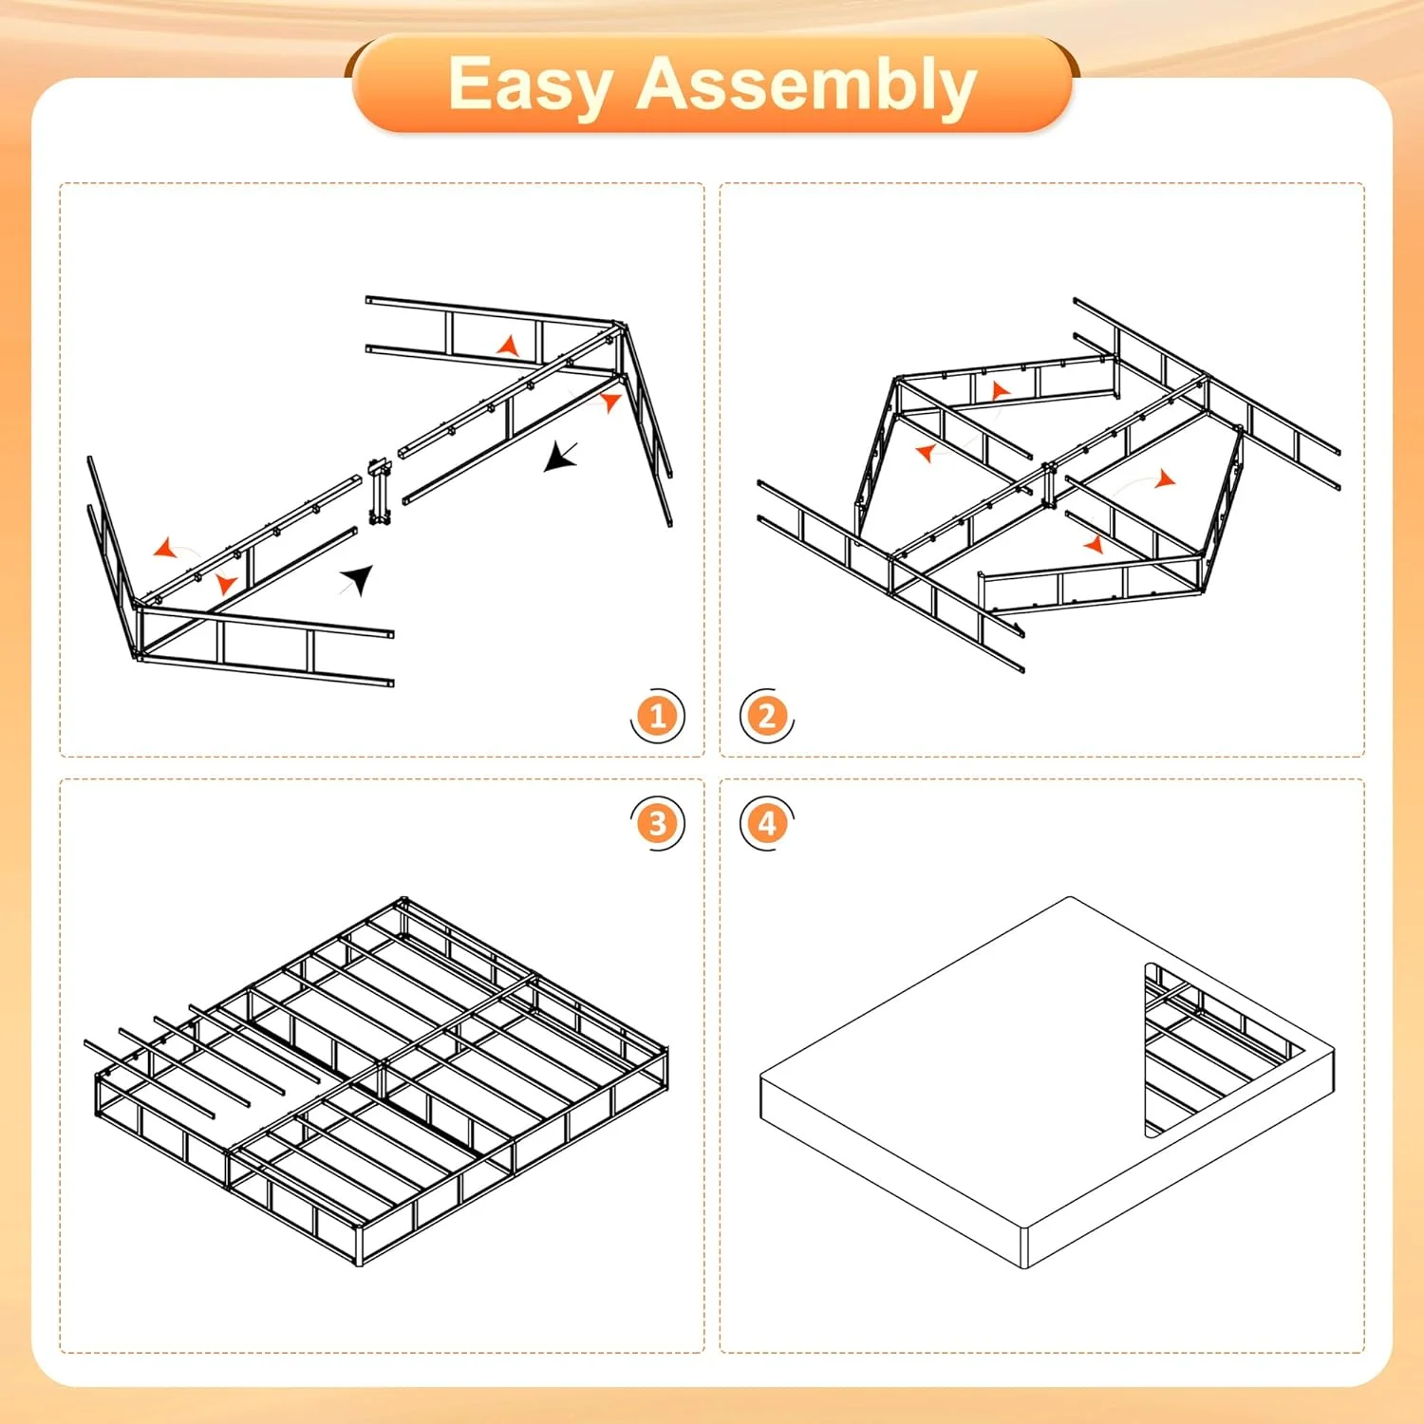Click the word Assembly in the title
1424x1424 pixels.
click(x=806, y=85)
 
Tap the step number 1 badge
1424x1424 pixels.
click(x=657, y=716)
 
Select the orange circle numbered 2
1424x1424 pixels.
click(x=767, y=716)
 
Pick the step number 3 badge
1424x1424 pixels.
click(x=657, y=823)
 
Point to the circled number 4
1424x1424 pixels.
click(x=767, y=823)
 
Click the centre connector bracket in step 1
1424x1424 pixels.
click(x=381, y=493)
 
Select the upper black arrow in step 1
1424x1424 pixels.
click(x=560, y=457)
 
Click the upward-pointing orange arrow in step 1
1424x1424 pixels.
click(x=510, y=347)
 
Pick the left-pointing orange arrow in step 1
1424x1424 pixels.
click(x=166, y=549)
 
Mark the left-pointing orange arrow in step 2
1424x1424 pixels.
click(x=926, y=453)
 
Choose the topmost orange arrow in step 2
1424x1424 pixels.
click(x=999, y=390)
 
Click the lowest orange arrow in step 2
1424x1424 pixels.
click(x=1094, y=544)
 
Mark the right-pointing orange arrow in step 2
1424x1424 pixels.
click(x=1164, y=479)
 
